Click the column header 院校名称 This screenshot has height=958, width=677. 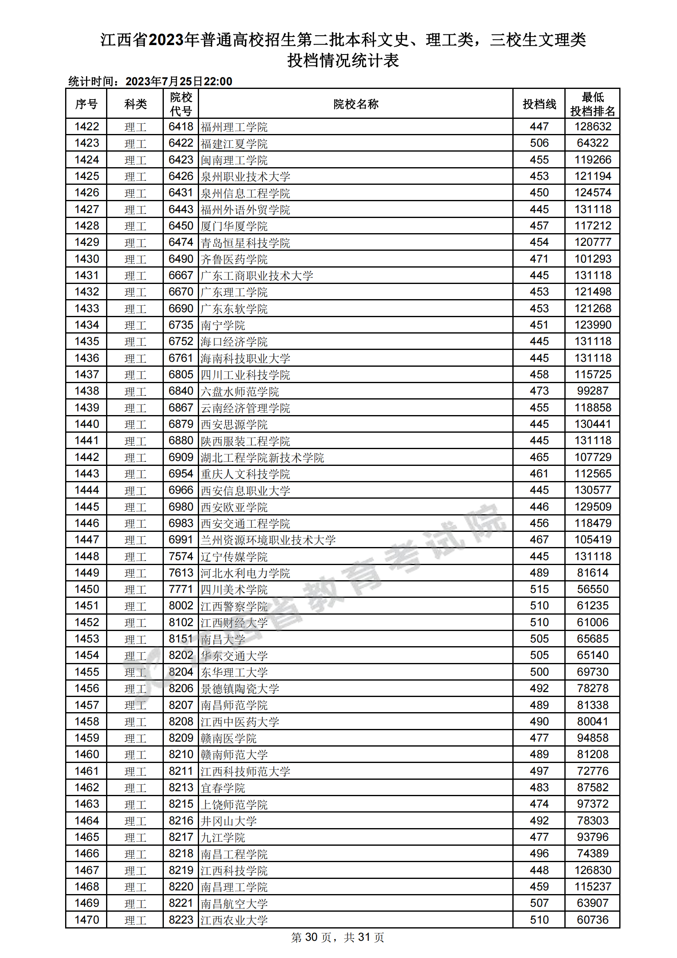click(355, 104)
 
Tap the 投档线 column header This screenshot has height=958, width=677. click(539, 104)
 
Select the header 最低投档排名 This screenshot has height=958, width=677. click(592, 104)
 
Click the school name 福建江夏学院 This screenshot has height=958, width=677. click(234, 143)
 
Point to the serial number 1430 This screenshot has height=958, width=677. click(87, 259)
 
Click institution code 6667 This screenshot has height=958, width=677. click(181, 275)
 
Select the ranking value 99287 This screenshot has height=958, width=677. click(592, 391)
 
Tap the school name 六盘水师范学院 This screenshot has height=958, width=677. click(240, 391)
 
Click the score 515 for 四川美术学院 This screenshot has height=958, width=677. click(539, 589)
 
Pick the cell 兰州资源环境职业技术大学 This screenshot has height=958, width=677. click(268, 540)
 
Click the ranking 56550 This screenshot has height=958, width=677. click(592, 589)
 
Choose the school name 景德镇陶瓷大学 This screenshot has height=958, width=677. click(240, 688)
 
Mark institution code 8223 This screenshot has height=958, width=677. click(181, 919)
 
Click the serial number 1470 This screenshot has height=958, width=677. click(87, 919)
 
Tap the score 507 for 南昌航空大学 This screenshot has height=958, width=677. click(539, 903)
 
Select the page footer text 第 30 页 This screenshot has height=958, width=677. click(311, 938)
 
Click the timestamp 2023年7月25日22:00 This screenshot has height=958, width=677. click(179, 82)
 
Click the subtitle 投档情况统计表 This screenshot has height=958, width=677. click(342, 61)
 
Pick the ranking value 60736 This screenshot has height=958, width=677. click(592, 919)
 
